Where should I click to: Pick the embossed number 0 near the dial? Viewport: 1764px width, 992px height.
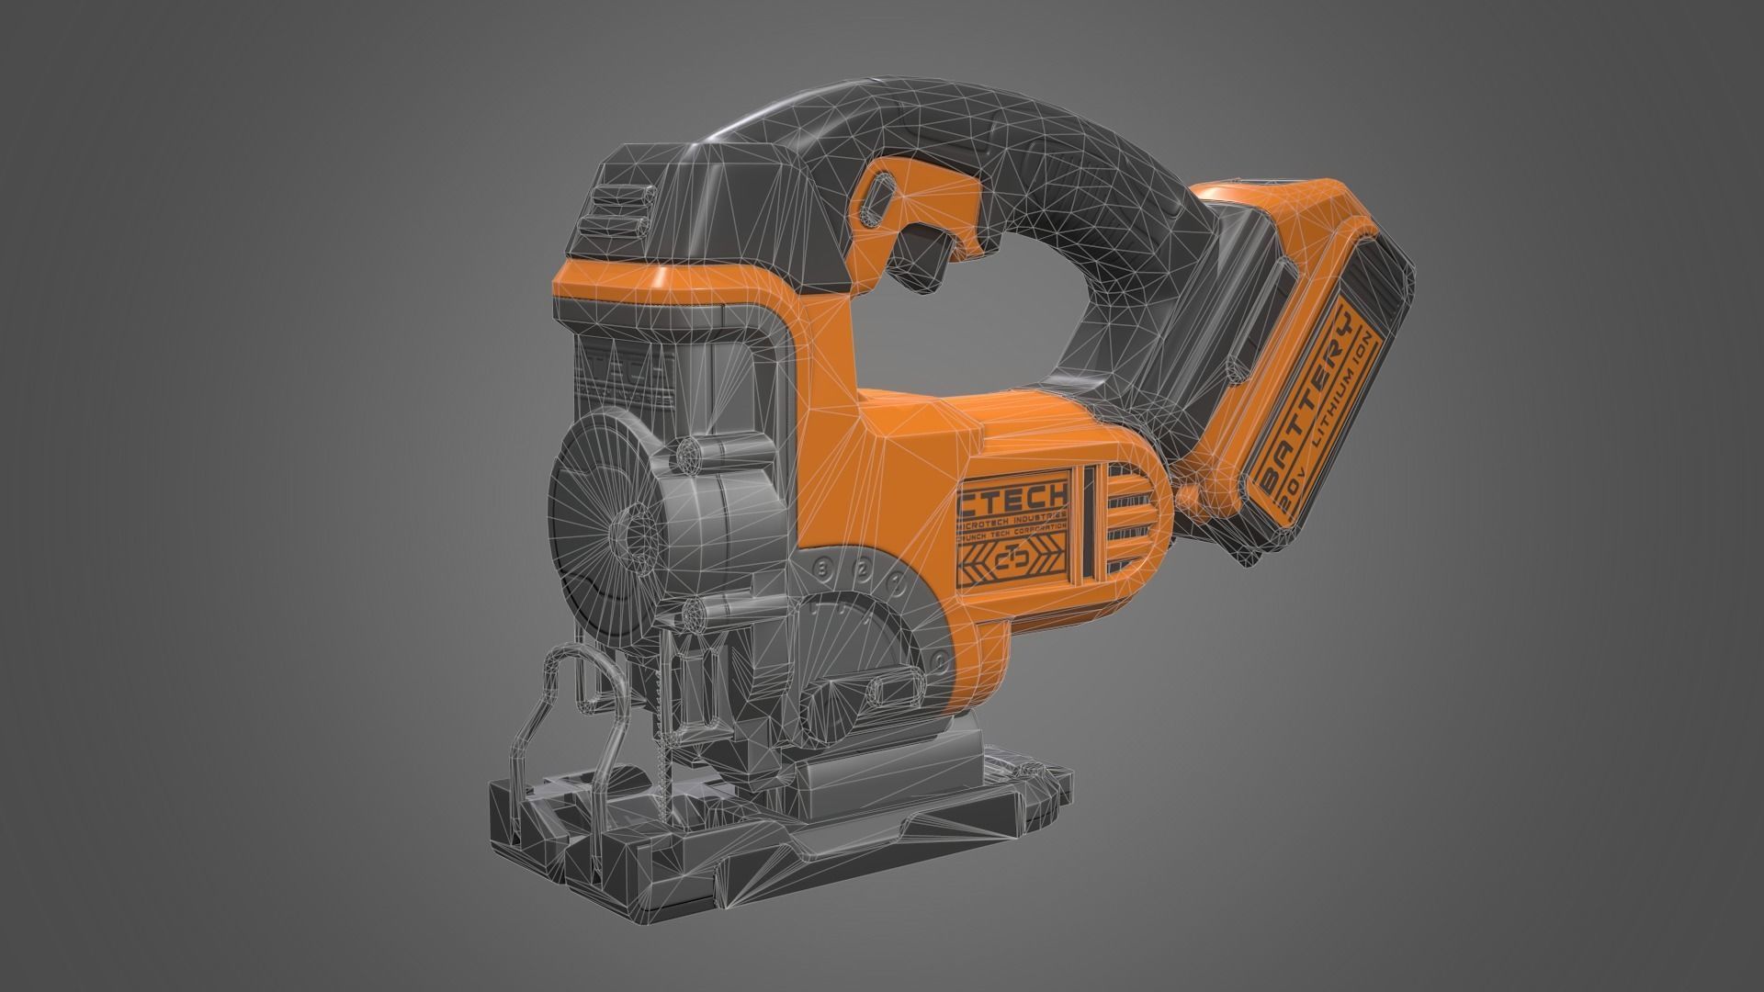[938, 659]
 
